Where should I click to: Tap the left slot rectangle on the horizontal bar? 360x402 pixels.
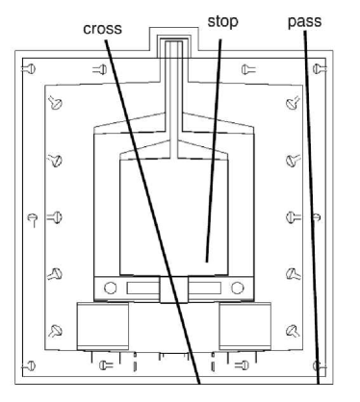pos(143,289)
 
